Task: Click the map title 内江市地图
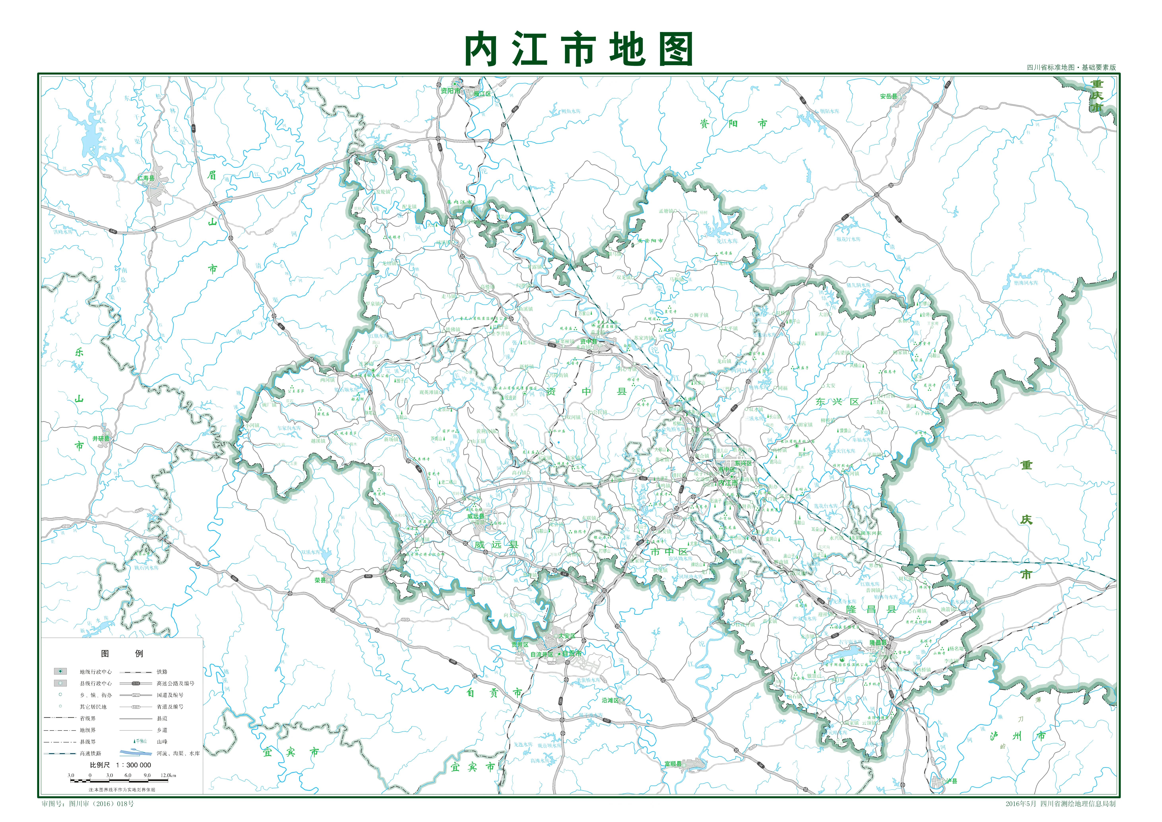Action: tap(579, 49)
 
